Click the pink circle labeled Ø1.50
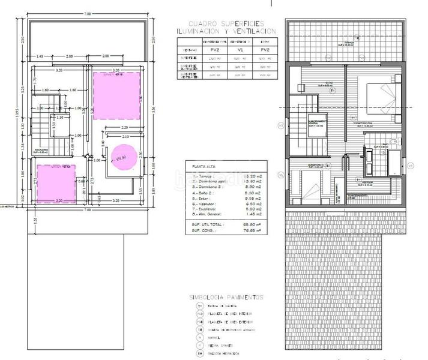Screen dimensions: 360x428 pyautogui.click(x=122, y=157)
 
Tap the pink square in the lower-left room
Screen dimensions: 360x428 pyautogui.click(x=56, y=182)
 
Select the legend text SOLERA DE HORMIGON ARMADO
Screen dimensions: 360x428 pyautogui.click(x=232, y=329)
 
